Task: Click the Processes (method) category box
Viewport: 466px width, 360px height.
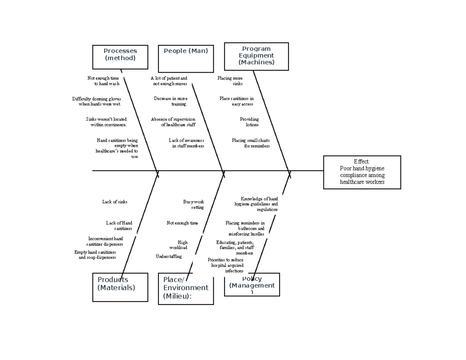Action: click(x=120, y=57)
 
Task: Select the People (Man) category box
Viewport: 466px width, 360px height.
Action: click(x=186, y=59)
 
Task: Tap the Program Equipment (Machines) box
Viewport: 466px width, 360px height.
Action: click(x=256, y=56)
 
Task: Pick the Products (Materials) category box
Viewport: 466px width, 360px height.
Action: click(x=120, y=287)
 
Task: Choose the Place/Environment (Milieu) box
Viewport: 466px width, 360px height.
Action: click(x=186, y=289)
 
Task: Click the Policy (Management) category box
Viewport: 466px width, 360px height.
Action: click(x=252, y=285)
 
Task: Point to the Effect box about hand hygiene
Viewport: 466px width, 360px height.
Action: click(x=362, y=172)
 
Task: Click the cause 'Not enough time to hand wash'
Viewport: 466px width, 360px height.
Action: click(x=103, y=81)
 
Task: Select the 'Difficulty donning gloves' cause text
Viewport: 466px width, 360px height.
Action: click(x=97, y=101)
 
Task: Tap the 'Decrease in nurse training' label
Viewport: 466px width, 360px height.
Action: click(x=170, y=101)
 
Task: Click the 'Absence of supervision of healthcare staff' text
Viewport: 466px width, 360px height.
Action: click(x=173, y=122)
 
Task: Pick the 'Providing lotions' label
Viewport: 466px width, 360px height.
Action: click(x=249, y=122)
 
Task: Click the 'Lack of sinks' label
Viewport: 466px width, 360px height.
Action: click(x=115, y=202)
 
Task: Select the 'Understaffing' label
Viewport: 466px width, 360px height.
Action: click(x=169, y=256)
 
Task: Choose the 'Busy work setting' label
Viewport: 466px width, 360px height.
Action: click(x=193, y=205)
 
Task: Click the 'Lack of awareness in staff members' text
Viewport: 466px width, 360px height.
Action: click(x=186, y=143)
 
